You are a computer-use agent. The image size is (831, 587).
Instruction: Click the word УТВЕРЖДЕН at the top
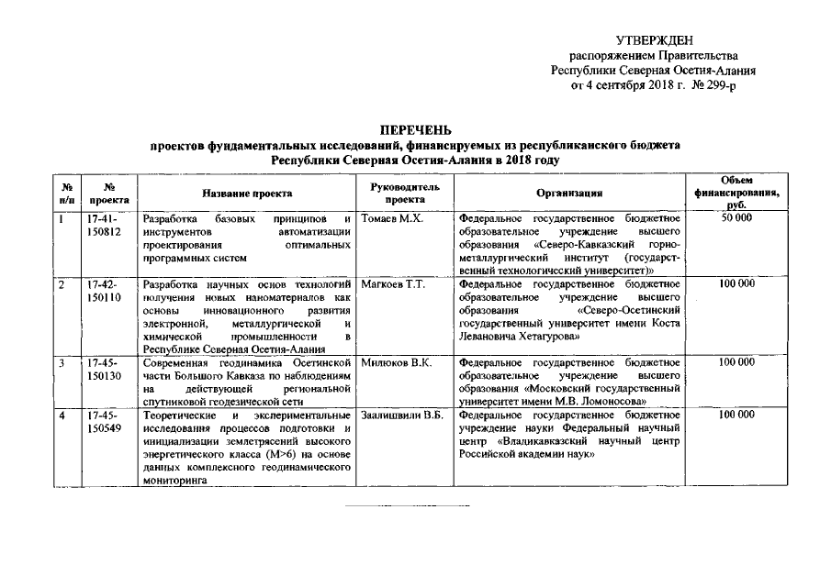tap(654, 39)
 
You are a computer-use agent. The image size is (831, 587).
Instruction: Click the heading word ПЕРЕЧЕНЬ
tap(415, 131)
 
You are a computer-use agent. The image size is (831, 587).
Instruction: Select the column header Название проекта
tap(248, 193)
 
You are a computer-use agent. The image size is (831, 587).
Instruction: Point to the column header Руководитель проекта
tap(406, 193)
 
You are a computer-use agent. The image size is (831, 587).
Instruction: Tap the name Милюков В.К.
tap(398, 363)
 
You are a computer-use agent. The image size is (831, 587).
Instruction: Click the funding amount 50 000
tap(737, 220)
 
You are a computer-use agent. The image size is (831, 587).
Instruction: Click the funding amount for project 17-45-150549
tap(737, 415)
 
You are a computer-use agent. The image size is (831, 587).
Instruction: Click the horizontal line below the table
tap(406, 505)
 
